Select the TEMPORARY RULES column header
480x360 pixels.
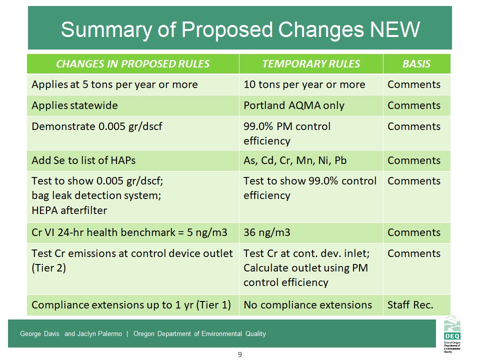point(311,64)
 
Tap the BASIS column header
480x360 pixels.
point(416,64)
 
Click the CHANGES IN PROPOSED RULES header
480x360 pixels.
point(133,64)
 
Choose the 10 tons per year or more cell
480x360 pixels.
point(304,84)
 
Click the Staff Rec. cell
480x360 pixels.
point(410,304)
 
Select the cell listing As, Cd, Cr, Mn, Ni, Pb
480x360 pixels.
point(295,160)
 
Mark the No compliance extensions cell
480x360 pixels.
point(307,304)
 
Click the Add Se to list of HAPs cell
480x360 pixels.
point(83,160)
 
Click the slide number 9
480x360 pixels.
point(240,354)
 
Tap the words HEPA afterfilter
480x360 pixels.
point(69,210)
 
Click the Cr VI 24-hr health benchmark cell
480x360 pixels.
point(129,232)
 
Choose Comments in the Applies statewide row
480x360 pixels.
point(414,105)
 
